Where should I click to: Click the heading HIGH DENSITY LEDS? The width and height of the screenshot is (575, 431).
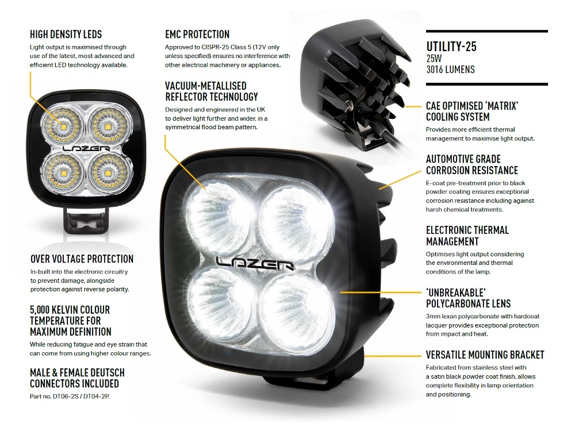coord(66,35)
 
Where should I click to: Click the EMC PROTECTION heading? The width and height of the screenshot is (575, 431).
coord(197,34)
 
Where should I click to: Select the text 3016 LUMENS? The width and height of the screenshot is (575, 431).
coord(450,70)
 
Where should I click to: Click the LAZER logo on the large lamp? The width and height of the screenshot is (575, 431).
coord(255,262)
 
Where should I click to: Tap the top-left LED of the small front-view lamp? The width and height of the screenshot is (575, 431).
coord(62,125)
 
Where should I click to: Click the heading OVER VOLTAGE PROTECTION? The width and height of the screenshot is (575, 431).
coord(81,259)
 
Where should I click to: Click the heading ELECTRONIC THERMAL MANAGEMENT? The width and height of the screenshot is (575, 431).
coord(467,236)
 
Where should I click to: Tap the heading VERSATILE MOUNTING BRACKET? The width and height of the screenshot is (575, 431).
coord(485,355)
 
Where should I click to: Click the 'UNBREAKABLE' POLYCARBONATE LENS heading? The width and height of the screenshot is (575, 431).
coord(467,298)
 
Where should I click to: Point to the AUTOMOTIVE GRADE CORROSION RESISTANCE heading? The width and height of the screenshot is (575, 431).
coord(471,164)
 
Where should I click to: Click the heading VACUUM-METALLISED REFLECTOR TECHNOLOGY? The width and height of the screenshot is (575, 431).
coord(211,91)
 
